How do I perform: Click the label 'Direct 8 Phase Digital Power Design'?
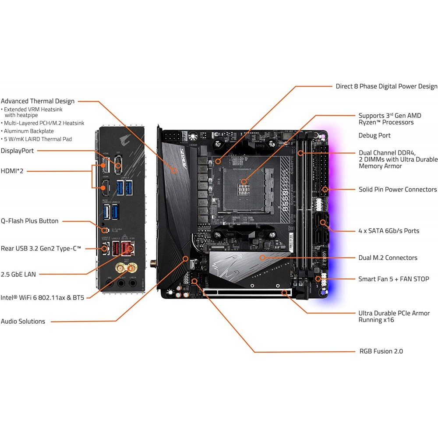coord(386,86)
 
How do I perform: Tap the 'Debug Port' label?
coord(374,135)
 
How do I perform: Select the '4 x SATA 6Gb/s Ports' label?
coord(389,230)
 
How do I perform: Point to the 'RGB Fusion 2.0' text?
coord(381,351)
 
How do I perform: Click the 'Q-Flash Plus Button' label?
coord(29,221)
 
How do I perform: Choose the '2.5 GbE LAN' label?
coord(18,274)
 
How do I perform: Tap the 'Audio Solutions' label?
coord(23,321)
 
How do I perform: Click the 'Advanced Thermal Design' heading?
coord(38,101)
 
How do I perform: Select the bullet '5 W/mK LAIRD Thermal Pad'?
coord(38,139)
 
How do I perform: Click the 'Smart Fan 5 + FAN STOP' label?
coord(394,279)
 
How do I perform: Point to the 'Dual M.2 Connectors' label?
coord(388,258)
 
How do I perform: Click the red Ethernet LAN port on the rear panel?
coord(127,248)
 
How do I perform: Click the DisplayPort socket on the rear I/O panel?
coord(118,166)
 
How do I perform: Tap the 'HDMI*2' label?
coord(12,171)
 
